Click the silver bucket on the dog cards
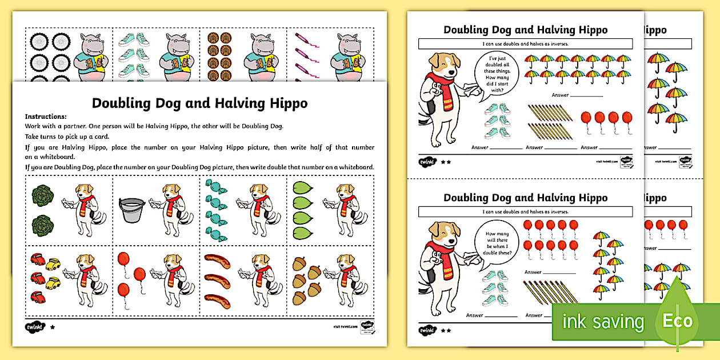coord(131,210)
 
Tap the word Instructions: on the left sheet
coord(46,116)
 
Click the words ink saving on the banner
coord(603,322)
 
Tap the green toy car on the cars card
coord(53,281)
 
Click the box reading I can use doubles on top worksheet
coord(525,44)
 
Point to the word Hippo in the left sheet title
coord(285,103)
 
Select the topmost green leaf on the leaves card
coord(303,188)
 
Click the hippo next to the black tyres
coord(90,56)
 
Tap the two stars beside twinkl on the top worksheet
coord(446,162)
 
